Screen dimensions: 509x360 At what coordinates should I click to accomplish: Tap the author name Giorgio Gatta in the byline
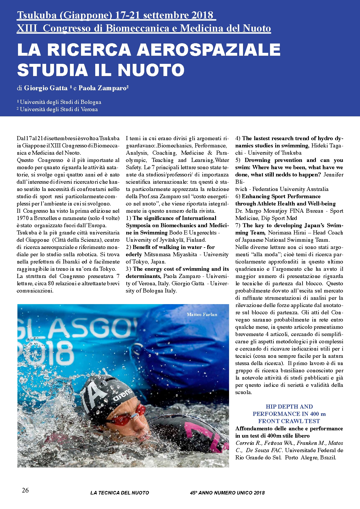[x=46, y=88]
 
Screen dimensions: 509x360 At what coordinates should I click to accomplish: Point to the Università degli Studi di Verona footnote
[x=57, y=109]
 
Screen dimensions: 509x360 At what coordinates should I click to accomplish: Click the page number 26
[x=25, y=490]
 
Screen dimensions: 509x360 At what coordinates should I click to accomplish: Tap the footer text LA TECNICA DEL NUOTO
[x=120, y=493]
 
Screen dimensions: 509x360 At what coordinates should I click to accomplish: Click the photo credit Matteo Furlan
[x=202, y=315]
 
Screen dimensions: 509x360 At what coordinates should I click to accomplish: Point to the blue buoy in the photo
[x=186, y=342]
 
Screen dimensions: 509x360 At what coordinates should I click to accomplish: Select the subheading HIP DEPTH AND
[x=289, y=407]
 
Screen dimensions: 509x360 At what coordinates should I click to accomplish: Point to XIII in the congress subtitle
[x=27, y=28]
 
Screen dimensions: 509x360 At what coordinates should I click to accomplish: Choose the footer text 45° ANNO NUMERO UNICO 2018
[x=227, y=493]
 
